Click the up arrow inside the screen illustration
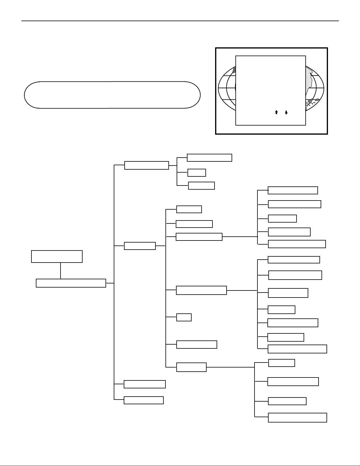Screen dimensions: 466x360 pos(276,112)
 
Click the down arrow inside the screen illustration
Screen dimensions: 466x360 pos(286,112)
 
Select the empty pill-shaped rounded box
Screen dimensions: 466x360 pos(112,95)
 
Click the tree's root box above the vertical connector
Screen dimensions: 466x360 pos(57,256)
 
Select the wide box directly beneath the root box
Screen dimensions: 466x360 pos(71,283)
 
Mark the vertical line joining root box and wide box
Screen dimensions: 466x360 pos(61,270)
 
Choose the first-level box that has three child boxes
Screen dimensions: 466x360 pos(147,165)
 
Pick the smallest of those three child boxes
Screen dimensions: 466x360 pos(197,173)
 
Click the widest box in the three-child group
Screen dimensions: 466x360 pos(210,158)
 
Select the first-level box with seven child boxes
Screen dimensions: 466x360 pos(140,246)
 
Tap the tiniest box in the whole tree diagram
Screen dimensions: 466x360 pos(184,318)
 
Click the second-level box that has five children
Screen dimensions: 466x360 pos(199,237)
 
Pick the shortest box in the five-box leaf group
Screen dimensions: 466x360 pos(282,218)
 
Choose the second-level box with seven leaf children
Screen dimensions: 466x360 pos(201,290)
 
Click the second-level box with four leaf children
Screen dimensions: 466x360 pos(191,367)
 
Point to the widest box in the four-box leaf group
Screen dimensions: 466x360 pos(297,417)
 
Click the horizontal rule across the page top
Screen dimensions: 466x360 pos(180,21)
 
